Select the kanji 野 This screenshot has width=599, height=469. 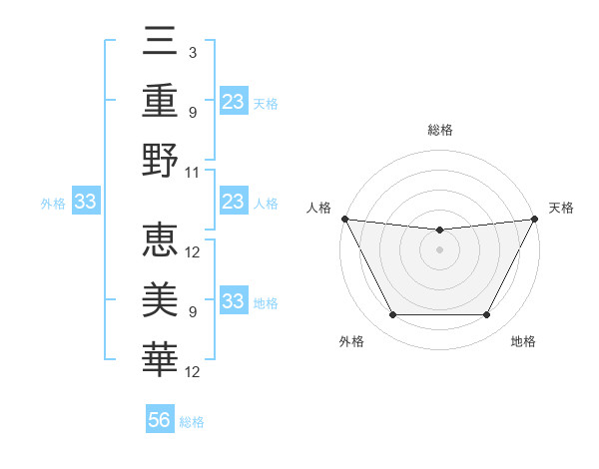pos(161,160)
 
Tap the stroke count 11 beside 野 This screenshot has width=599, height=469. pos(193,172)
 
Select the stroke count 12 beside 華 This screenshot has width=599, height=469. pos(193,372)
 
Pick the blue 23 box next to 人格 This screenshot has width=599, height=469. pos(233,203)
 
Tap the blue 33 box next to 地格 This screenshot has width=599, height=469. pos(233,302)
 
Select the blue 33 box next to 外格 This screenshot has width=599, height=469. pos(85,203)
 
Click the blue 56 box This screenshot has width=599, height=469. pos(160,420)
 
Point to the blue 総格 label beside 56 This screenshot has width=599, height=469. pos(192,422)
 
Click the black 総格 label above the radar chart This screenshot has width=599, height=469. pos(439,130)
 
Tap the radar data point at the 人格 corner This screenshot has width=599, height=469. pos(344,219)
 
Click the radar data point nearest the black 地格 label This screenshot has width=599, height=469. pos(487,315)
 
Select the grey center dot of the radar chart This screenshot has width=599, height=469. pos(439,249)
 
